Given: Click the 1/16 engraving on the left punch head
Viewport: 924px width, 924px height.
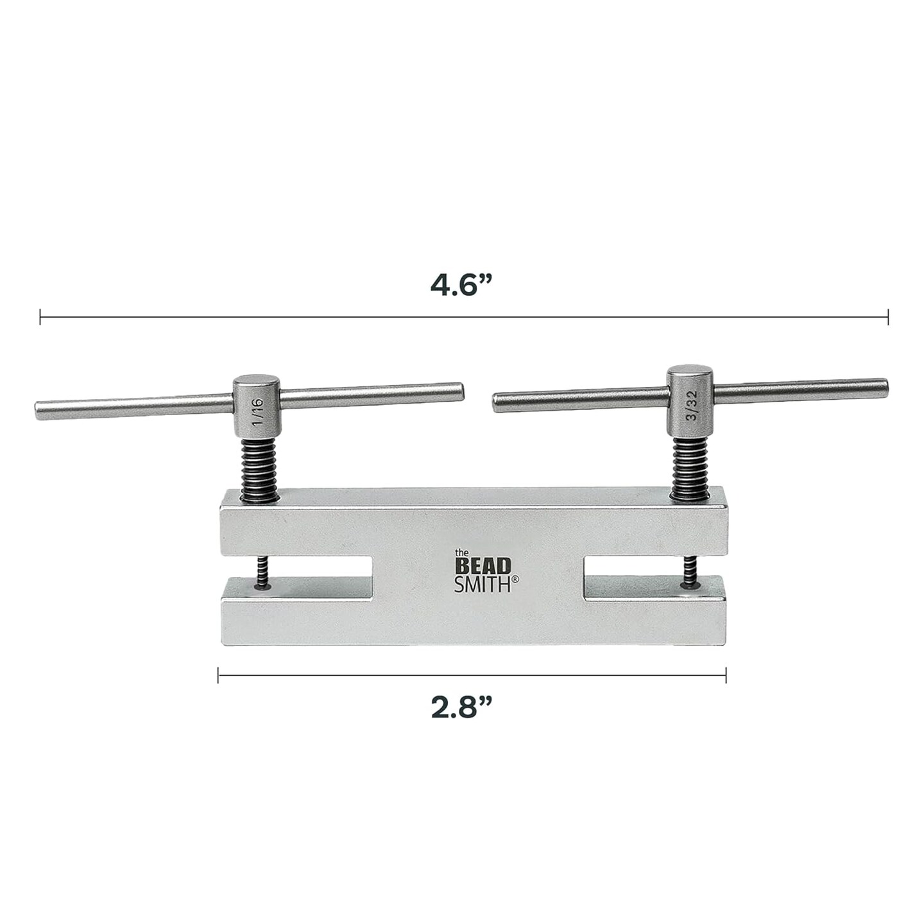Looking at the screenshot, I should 257,411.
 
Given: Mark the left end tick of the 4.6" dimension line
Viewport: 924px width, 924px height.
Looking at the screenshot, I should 40,316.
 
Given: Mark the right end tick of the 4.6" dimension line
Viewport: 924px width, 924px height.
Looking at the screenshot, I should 888,316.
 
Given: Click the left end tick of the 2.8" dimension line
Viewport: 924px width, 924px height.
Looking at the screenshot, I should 219,674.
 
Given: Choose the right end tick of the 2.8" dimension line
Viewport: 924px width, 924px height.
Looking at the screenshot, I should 726,674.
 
